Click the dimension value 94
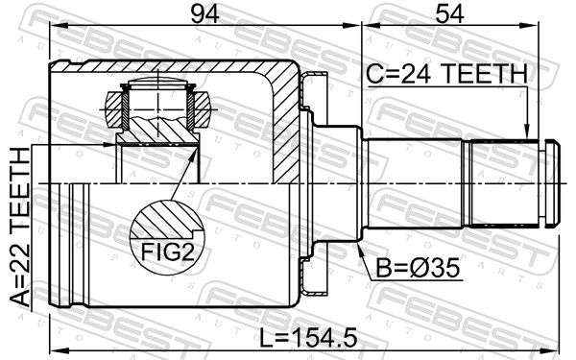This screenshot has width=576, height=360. click(x=205, y=13)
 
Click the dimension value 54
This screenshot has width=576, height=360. click(x=449, y=13)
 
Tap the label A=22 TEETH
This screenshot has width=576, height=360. click(x=20, y=227)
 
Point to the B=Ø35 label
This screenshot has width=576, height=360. click(x=418, y=268)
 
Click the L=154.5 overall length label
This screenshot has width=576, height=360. click(x=308, y=338)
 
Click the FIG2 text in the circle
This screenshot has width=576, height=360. click(x=167, y=252)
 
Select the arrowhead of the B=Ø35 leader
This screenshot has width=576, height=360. click(x=360, y=249)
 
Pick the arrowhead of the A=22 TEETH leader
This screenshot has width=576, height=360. click(x=109, y=145)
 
